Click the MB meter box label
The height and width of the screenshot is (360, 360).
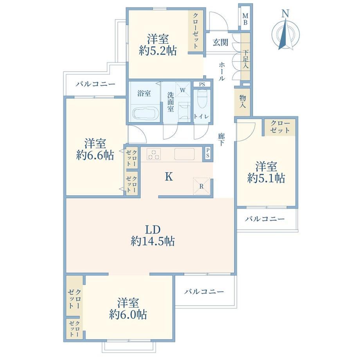point(245,19)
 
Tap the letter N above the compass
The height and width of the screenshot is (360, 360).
point(285,14)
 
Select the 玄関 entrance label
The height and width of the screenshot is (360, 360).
point(220,42)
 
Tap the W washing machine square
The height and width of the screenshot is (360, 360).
point(183,90)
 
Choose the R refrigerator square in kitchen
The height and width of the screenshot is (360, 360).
point(202,186)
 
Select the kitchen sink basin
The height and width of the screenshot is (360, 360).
point(184,154)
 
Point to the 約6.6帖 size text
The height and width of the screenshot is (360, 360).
point(95,155)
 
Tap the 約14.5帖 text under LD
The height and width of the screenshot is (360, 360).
point(153,241)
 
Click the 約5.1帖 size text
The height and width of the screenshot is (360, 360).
point(266,178)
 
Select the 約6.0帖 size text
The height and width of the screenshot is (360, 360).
point(128,314)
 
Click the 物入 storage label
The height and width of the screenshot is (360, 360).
point(243,101)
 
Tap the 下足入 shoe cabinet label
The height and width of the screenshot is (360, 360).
point(245,59)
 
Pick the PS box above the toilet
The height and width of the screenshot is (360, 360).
point(202,84)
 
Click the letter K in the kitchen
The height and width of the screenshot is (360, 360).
point(169,176)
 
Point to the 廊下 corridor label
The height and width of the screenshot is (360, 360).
point(221,140)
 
